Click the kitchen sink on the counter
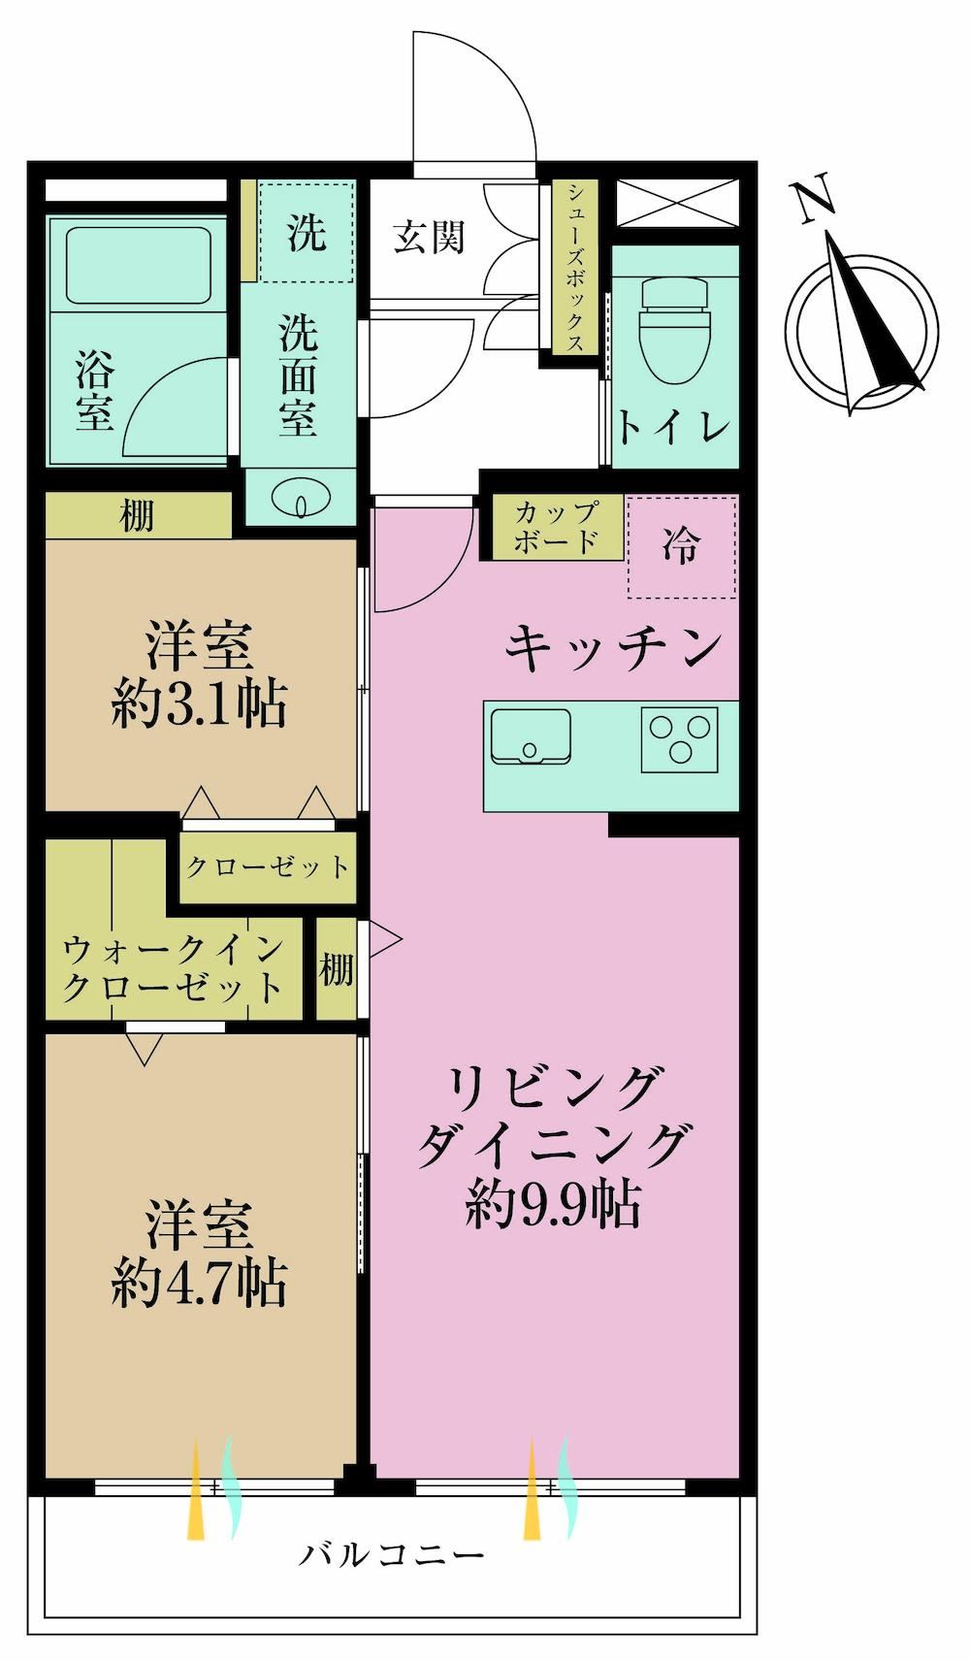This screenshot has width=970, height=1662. coord(531,734)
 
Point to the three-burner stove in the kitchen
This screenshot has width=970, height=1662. coord(680,739)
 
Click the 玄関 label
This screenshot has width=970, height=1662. coord(430,238)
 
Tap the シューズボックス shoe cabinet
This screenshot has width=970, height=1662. coord(575,267)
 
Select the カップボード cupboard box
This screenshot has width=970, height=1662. coord(558,527)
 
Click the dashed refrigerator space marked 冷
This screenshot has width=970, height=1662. coord(682,546)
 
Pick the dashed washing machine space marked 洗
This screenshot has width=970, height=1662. coord(307,231)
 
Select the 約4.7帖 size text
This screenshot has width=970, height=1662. coord(199,1284)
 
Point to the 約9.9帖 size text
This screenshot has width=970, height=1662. coord(553,1206)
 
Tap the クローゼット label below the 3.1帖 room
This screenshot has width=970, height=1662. coord(267,866)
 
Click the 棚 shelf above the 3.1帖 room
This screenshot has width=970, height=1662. coord(138,515)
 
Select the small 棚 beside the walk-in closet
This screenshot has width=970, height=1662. coord(336,968)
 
